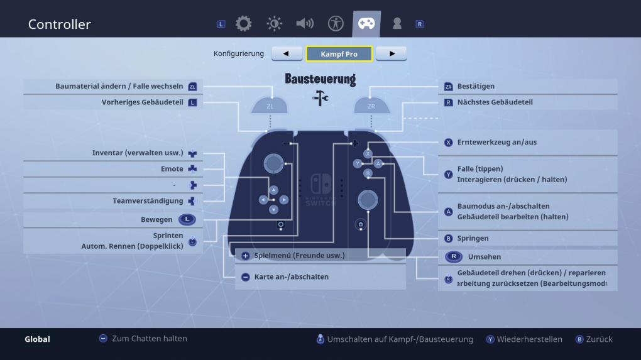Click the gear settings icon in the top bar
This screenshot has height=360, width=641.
pyautogui.click(x=244, y=24)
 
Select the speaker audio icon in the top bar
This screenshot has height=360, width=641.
pyautogui.click(x=305, y=24)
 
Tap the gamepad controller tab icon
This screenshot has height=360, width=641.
pyautogui.click(x=366, y=23)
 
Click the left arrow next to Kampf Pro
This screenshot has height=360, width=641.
pyautogui.click(x=287, y=53)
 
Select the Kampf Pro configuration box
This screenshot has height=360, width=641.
pyautogui.click(x=339, y=53)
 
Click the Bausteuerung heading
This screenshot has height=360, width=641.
pyautogui.click(x=320, y=79)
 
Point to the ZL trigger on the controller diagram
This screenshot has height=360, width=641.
pyautogui.click(x=270, y=106)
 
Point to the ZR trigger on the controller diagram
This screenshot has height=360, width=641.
pyautogui.click(x=371, y=106)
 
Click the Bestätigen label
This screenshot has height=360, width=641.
pyautogui.click(x=476, y=86)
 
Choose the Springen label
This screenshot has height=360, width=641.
pyautogui.click(x=473, y=238)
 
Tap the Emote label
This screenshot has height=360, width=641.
pyautogui.click(x=172, y=169)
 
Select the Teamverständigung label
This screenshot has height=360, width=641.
pyautogui.click(x=148, y=201)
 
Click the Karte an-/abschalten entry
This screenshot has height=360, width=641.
pyautogui.click(x=292, y=276)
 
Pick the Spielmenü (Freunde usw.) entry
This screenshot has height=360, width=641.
pyautogui.click(x=299, y=255)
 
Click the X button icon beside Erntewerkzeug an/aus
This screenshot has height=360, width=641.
pyautogui.click(x=449, y=142)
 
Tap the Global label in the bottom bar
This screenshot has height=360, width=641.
pyautogui.click(x=37, y=339)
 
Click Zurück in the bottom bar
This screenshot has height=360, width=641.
pyautogui.click(x=599, y=339)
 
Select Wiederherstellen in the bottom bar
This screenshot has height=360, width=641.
pyautogui.click(x=529, y=339)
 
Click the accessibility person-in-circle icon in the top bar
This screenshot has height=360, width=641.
pyautogui.click(x=336, y=24)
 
